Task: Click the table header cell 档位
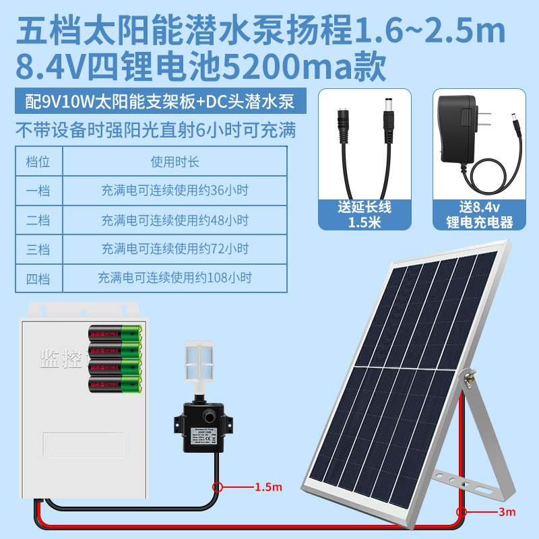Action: coord(38,162)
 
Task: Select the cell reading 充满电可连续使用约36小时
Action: coord(175,191)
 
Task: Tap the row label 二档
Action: coord(38,220)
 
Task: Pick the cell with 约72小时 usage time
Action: coord(175,249)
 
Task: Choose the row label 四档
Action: coord(38,277)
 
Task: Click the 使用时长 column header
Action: coord(175,162)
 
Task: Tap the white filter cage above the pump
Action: coord(199,361)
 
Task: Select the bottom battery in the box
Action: coord(115,385)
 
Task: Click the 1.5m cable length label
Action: coord(267,486)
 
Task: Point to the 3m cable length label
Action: coord(506,512)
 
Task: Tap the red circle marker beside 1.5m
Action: coord(218,486)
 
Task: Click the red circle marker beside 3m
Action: coord(462,512)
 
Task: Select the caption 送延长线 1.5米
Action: coord(364,215)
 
